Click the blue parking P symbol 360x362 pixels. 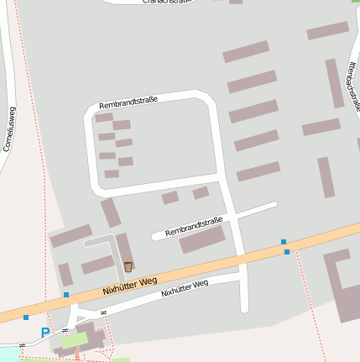click(x=45, y=333)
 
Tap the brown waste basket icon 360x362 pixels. click(x=128, y=266)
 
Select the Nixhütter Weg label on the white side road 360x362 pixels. click(x=185, y=289)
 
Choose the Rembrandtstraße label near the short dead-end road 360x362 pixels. click(x=194, y=226)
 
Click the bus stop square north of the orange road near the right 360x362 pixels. click(x=284, y=242)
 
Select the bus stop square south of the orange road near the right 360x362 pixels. click(x=287, y=252)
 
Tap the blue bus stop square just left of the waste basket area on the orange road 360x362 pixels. click(x=66, y=295)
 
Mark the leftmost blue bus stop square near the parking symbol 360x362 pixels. click(x=26, y=317)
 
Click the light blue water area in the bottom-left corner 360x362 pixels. click(x=8, y=354)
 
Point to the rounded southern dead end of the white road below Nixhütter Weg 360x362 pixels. click(x=244, y=308)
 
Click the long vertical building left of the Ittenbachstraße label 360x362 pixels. click(x=334, y=82)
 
